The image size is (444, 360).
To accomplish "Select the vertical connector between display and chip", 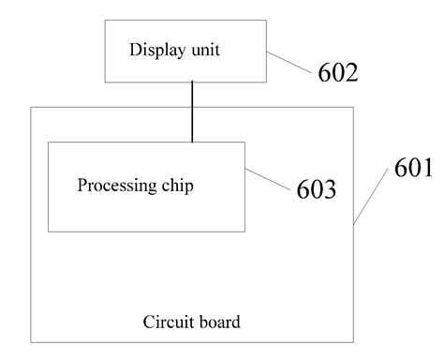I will click(192, 112).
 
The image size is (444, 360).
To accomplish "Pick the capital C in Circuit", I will click(148, 323).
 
